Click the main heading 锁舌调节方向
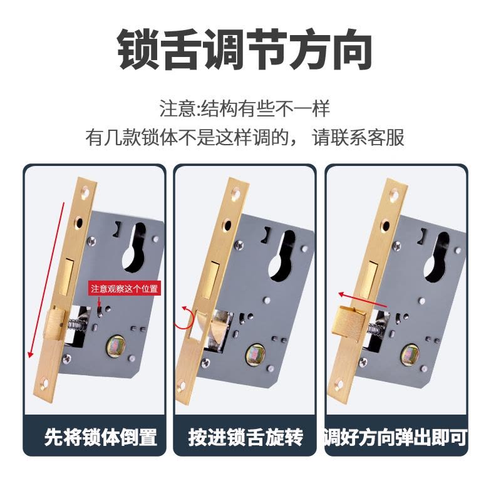click(x=244, y=49)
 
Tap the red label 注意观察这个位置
click(x=124, y=289)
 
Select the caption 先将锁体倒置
click(x=100, y=436)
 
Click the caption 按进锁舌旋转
click(x=245, y=436)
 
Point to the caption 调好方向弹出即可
click(x=396, y=437)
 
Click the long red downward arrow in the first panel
click(x=47, y=280)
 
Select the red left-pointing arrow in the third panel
click(x=363, y=300)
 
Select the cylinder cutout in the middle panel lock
click(x=282, y=256)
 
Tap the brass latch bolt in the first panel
click(x=56, y=323)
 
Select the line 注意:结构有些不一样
click(x=244, y=108)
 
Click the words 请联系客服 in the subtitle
click(x=358, y=138)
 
